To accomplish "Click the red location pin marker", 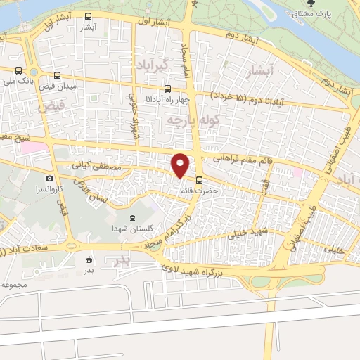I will pyautogui.click(x=181, y=165).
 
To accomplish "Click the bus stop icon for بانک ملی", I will pyautogui.click(x=18, y=70).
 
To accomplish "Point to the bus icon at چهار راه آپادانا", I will pyautogui.click(x=167, y=89).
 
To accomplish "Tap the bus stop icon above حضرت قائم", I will pyautogui.click(x=200, y=180).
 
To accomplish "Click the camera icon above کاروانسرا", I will pyautogui.click(x=49, y=179).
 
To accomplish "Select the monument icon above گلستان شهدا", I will pyautogui.click(x=134, y=218).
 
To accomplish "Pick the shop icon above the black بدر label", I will pyautogui.click(x=89, y=258).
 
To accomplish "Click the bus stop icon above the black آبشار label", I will pyautogui.click(x=88, y=16).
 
